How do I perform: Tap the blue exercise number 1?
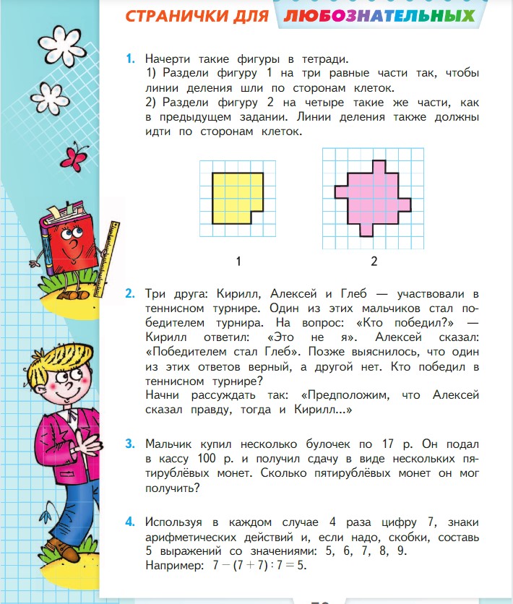[130, 58]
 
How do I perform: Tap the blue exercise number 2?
[130, 294]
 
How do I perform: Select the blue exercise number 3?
[130, 444]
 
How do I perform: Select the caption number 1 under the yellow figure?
[237, 260]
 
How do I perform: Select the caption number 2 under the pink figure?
[374, 260]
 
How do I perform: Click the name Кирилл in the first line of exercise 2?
[233, 294]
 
